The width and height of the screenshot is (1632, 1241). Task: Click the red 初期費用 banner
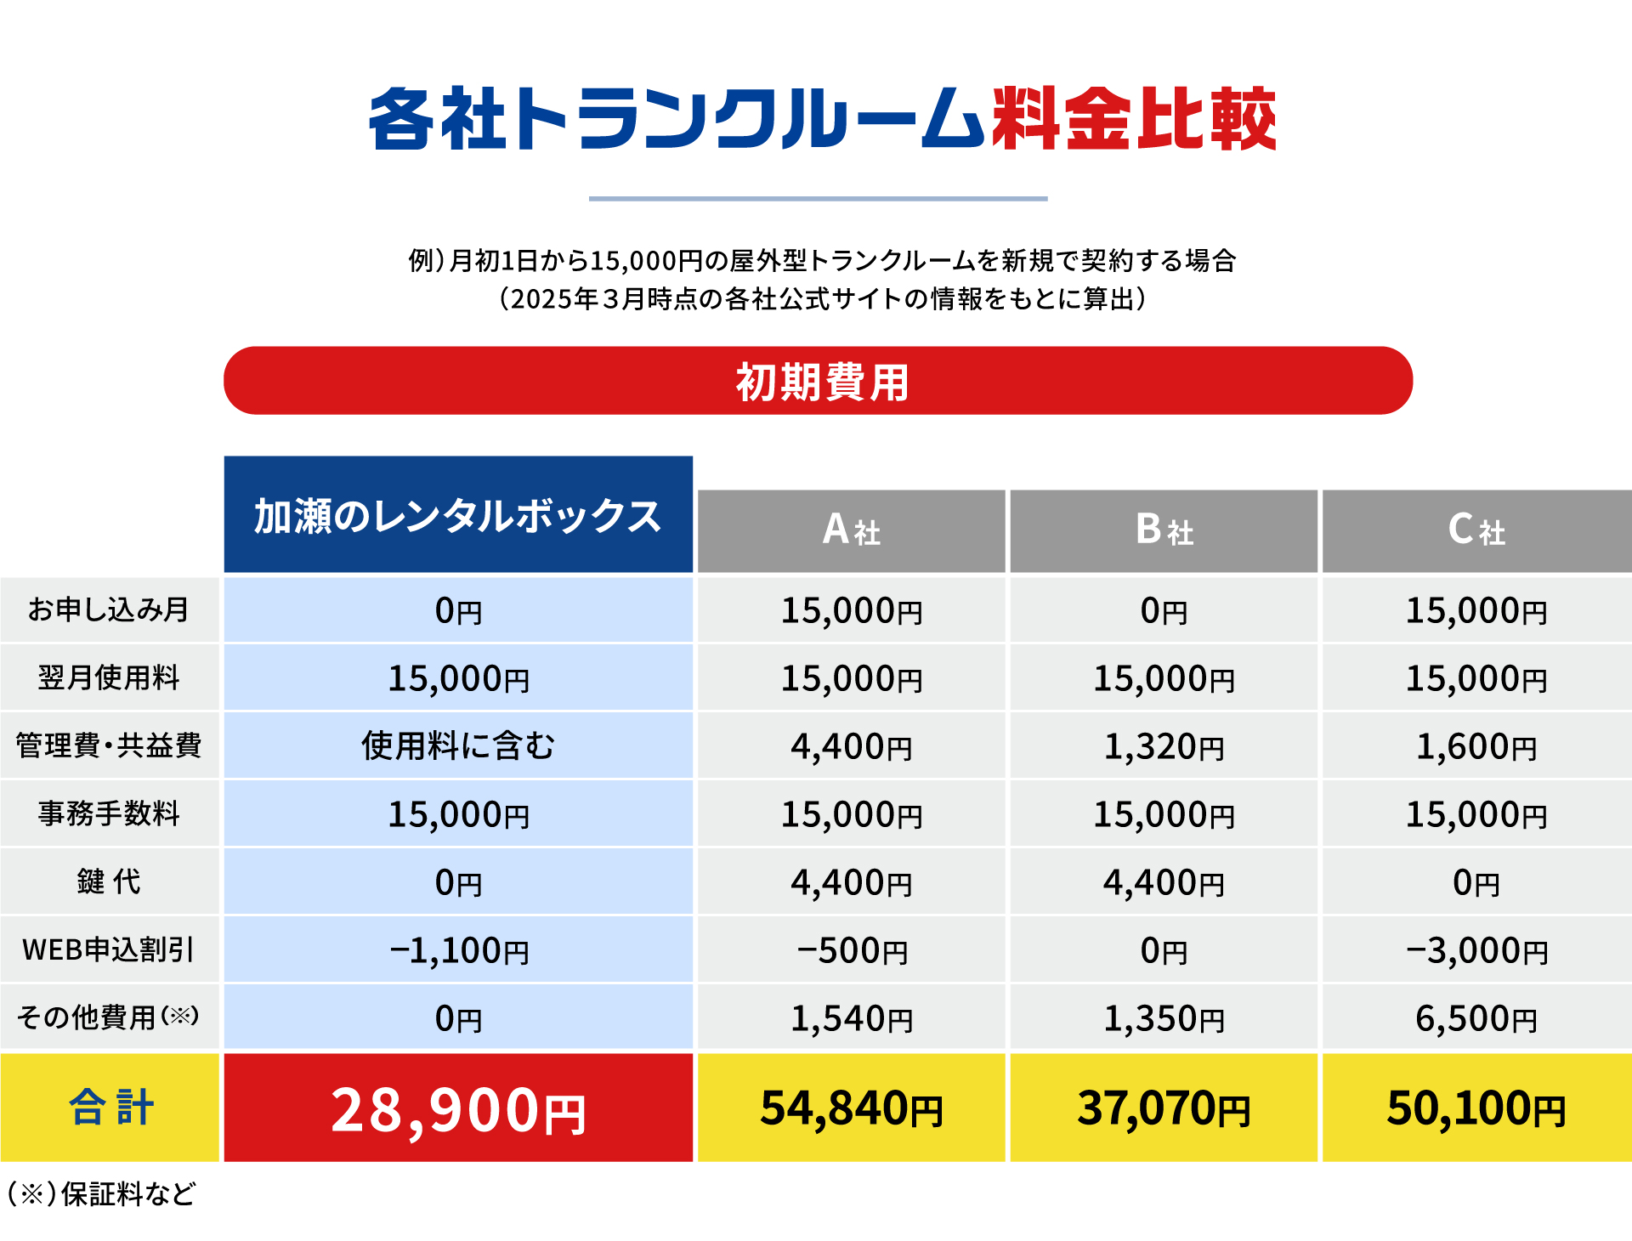818,381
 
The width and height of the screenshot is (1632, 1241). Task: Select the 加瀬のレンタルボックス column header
458,515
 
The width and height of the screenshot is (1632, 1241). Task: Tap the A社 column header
851,531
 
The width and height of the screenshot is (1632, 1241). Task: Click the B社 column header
1164,531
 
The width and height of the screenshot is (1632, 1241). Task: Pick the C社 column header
1476,531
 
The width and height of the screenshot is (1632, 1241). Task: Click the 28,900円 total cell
458,1108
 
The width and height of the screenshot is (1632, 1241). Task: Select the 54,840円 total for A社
851,1108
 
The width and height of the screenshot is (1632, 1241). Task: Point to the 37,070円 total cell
1164,1108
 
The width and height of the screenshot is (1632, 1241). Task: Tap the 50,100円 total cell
1476,1108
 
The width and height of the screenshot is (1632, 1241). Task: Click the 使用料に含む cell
458,745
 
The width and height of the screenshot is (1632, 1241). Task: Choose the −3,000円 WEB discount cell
1476,950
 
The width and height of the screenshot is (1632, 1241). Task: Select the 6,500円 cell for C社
1476,1018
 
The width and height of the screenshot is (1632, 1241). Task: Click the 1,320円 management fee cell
1164,746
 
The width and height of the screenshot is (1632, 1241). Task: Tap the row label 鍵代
109,881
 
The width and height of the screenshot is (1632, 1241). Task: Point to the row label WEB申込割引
109,949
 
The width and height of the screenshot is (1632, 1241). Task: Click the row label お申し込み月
109,609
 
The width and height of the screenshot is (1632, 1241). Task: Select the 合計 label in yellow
110,1108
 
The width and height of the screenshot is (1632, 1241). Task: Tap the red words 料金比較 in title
1133,120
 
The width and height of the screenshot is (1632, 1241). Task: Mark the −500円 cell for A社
851,950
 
